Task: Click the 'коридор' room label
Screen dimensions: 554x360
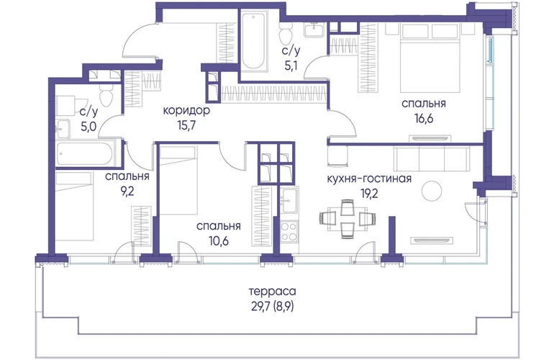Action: pos(186,111)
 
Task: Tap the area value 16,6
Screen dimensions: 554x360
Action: pos(424,119)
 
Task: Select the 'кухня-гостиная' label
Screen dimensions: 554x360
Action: pos(369,179)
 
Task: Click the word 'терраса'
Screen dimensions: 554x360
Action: pos(273,292)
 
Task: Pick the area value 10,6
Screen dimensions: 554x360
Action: pos(218,241)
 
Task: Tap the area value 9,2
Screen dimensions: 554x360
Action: pos(127,192)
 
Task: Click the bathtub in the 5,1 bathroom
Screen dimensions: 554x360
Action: pos(253,41)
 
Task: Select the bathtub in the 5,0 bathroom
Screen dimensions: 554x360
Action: pos(85,154)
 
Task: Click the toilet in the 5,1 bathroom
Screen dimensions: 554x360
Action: pos(285,34)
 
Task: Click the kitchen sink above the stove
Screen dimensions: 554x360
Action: pos(289,200)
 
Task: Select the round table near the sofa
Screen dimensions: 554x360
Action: pos(432,191)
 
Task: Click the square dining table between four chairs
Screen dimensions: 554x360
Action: pos(348,218)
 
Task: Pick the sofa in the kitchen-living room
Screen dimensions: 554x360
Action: pos(432,158)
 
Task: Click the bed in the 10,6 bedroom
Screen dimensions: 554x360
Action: pos(178,181)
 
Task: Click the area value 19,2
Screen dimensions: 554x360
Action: pos(369,194)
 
